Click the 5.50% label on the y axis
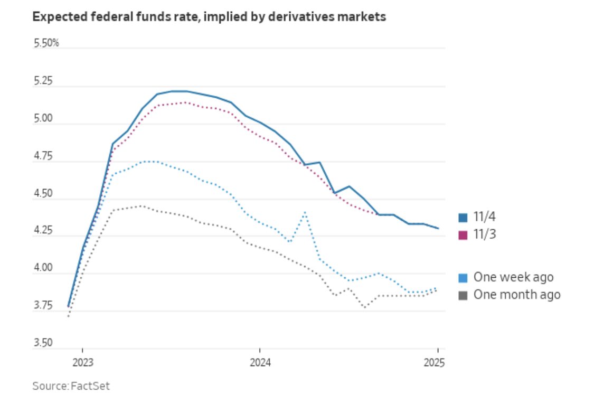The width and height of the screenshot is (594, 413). click(46, 43)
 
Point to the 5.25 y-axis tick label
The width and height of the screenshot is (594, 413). click(44, 82)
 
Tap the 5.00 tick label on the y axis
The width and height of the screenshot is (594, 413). click(44, 119)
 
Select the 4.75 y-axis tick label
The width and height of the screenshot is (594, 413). click(44, 156)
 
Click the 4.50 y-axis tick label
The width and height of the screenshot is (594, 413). click(44, 194)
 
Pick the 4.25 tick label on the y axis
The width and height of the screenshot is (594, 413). click(44, 231)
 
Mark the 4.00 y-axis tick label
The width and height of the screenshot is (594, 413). click(44, 268)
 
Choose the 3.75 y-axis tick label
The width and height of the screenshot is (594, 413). click(44, 305)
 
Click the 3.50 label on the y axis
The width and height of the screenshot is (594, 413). click(44, 343)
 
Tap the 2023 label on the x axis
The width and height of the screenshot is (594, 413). click(82, 363)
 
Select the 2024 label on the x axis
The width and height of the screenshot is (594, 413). click(260, 363)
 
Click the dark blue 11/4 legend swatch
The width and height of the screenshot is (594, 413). click(463, 218)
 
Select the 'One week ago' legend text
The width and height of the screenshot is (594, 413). click(513, 277)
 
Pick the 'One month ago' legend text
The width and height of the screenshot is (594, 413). click(516, 295)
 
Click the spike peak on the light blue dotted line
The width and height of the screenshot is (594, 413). click(305, 212)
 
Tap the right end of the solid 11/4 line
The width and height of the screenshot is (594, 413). click(438, 228)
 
